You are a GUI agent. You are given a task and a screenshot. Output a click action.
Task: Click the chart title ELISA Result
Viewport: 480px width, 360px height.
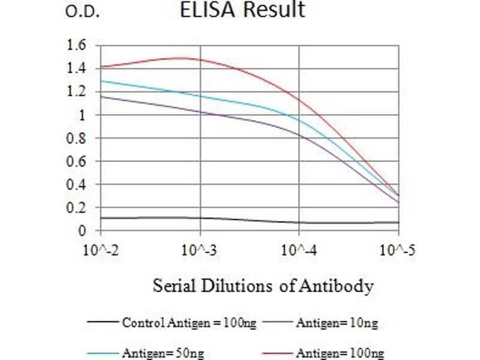(242, 10)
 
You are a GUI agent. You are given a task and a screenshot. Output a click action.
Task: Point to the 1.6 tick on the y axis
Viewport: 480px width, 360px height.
(77, 45)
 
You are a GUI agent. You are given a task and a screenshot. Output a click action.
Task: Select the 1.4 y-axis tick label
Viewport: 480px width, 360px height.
(77, 68)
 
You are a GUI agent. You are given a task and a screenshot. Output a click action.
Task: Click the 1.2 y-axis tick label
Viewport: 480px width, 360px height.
(77, 92)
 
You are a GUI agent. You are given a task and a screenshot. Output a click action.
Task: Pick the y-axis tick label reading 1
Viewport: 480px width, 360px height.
(83, 115)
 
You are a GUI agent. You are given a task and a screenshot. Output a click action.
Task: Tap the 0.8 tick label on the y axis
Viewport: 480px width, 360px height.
(77, 138)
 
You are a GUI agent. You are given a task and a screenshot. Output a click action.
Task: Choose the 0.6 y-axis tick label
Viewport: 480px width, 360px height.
(77, 161)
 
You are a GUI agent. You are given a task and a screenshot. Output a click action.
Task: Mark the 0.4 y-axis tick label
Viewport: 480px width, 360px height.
(77, 185)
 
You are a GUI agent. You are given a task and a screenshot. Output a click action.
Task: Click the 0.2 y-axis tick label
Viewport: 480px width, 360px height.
(77, 208)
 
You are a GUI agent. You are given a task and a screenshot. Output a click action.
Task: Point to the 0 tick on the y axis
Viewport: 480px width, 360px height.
(83, 231)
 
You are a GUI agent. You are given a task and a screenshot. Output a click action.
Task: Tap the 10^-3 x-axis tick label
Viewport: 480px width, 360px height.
(200, 250)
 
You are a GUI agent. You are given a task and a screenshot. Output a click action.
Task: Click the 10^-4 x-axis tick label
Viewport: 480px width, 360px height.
(299, 250)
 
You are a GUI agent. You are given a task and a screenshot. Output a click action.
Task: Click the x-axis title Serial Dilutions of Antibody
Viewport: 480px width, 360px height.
(263, 285)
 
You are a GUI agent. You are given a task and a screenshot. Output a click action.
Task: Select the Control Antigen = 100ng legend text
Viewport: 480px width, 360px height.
(189, 323)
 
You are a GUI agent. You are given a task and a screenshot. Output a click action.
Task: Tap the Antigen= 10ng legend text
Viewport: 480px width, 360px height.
(337, 323)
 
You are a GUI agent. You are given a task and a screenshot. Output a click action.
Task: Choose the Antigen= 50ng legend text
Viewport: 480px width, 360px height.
(163, 353)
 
